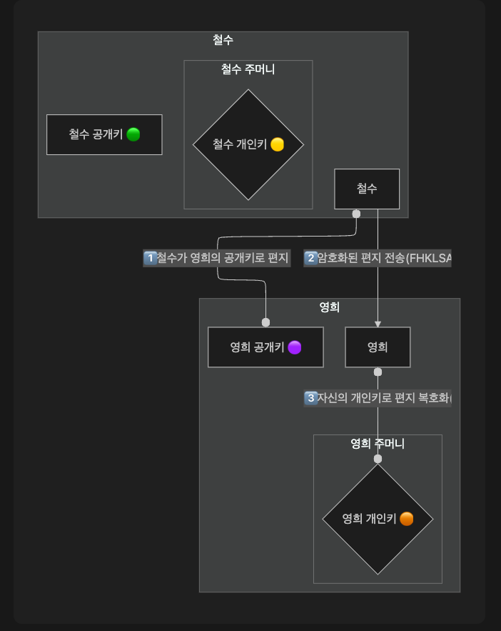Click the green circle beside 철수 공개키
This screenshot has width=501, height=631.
pos(133,134)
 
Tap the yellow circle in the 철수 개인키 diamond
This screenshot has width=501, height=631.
pos(277,145)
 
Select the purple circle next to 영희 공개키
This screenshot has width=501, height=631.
pos(295,347)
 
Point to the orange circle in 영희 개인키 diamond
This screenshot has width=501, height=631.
pos(407,519)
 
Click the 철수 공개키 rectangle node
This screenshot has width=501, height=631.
pos(104,134)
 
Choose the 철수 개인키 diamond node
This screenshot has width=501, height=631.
pos(248,144)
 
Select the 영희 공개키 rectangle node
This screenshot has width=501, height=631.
pos(265,347)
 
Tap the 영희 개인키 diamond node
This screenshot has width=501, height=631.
pos(378,519)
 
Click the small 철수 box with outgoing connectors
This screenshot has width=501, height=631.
pos(367,189)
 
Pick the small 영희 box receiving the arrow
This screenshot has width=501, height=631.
pos(378,347)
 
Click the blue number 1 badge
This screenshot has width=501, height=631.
pos(150,258)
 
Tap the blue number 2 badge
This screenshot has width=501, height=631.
pos(310,258)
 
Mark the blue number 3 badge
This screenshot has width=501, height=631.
pos(310,398)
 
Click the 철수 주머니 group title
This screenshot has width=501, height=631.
pos(248,69)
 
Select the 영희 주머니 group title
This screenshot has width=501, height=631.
pos(378,444)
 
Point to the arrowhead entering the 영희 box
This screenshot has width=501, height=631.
pos(378,324)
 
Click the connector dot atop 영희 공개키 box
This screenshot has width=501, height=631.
pos(265,322)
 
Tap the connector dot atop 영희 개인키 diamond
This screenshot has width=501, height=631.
pos(378,459)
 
